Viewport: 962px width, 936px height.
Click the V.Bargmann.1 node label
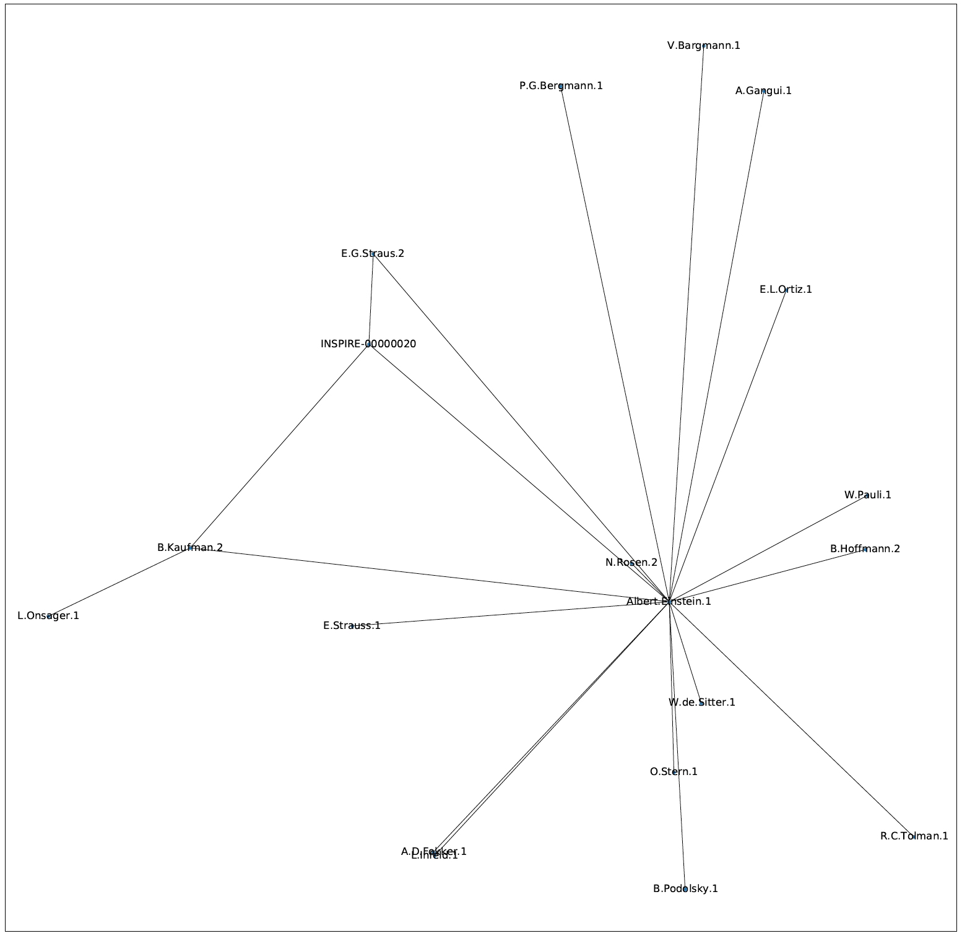703,45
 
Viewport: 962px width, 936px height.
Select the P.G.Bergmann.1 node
561,86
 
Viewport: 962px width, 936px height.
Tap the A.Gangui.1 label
763,91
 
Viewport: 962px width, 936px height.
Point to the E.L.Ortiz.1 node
786,289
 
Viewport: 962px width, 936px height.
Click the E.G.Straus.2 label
373,253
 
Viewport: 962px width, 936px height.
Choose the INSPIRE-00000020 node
369,344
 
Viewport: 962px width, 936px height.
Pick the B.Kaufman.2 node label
189,547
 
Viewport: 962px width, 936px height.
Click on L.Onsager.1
49,616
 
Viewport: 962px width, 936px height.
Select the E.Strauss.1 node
352,626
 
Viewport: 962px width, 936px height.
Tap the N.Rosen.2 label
631,562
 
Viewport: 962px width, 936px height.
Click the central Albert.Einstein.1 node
669,601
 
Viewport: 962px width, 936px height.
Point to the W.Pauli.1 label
867,495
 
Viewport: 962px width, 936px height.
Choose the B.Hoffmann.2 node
865,549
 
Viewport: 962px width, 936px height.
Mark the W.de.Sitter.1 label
701,703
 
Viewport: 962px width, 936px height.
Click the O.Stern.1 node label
674,772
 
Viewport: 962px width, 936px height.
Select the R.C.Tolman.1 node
914,836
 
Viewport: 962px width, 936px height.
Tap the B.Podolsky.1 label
685,889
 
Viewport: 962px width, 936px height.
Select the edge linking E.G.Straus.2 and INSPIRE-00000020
371,299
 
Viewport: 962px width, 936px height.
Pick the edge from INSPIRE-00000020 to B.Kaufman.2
279,446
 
